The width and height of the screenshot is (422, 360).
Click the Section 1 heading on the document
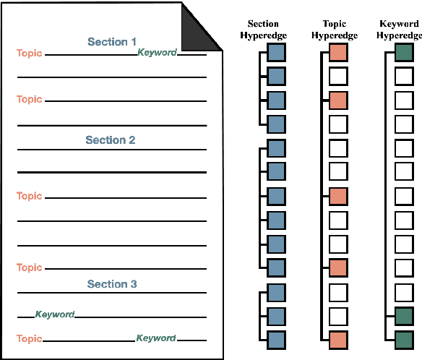(112, 42)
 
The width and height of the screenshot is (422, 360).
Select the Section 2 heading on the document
(111, 140)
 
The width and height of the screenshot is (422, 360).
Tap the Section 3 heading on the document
(112, 284)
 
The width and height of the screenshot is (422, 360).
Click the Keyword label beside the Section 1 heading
(157, 53)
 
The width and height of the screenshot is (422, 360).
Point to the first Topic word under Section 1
(30, 53)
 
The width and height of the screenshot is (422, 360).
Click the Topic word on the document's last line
(30, 338)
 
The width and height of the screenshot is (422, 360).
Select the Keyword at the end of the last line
(156, 338)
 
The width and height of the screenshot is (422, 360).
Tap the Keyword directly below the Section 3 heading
(55, 314)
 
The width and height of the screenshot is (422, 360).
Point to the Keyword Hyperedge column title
(399, 29)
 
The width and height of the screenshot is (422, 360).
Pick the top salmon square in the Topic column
(338, 52)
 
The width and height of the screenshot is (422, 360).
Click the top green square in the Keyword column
(404, 52)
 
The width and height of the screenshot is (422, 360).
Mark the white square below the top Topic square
(338, 76)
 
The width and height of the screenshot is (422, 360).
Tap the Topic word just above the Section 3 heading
(30, 267)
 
